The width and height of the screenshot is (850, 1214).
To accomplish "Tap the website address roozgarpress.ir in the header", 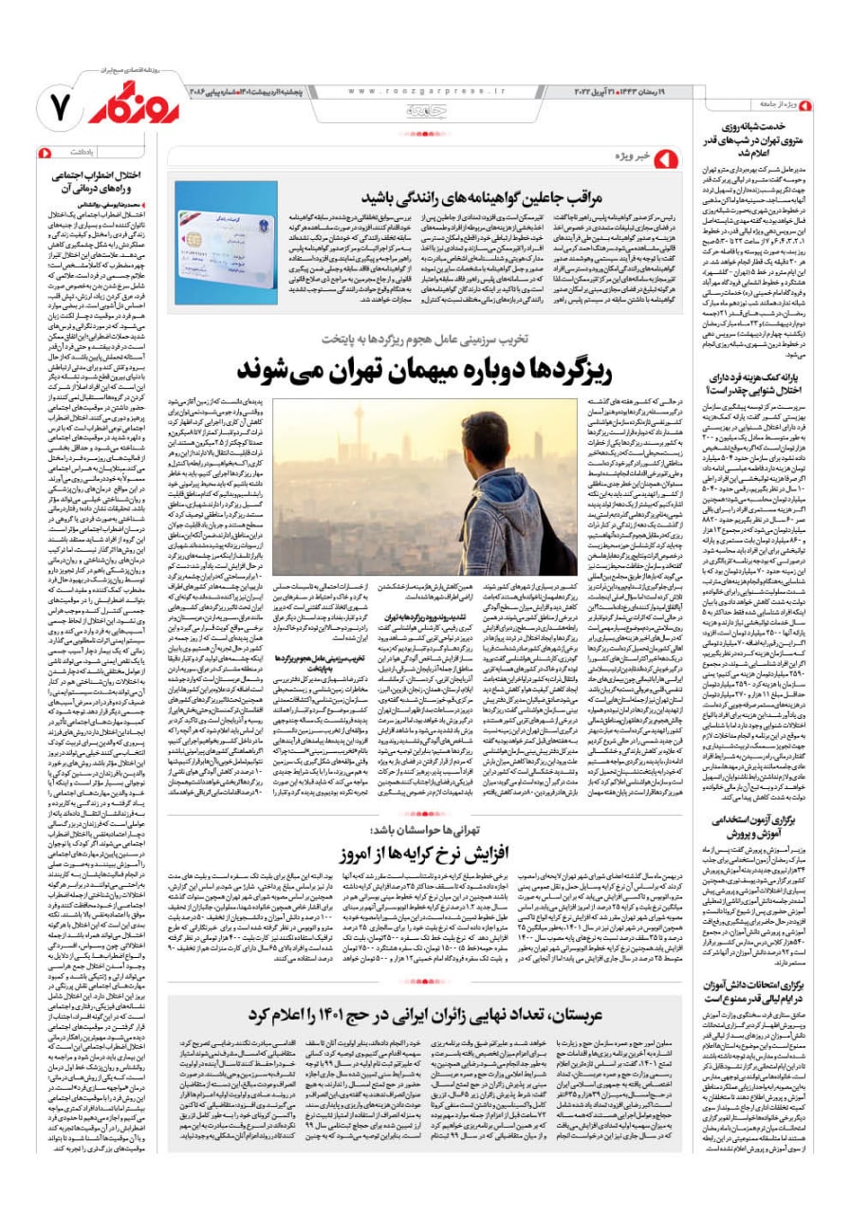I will pos(426,91).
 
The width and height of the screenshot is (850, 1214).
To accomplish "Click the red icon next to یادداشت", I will pos(44,152).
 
